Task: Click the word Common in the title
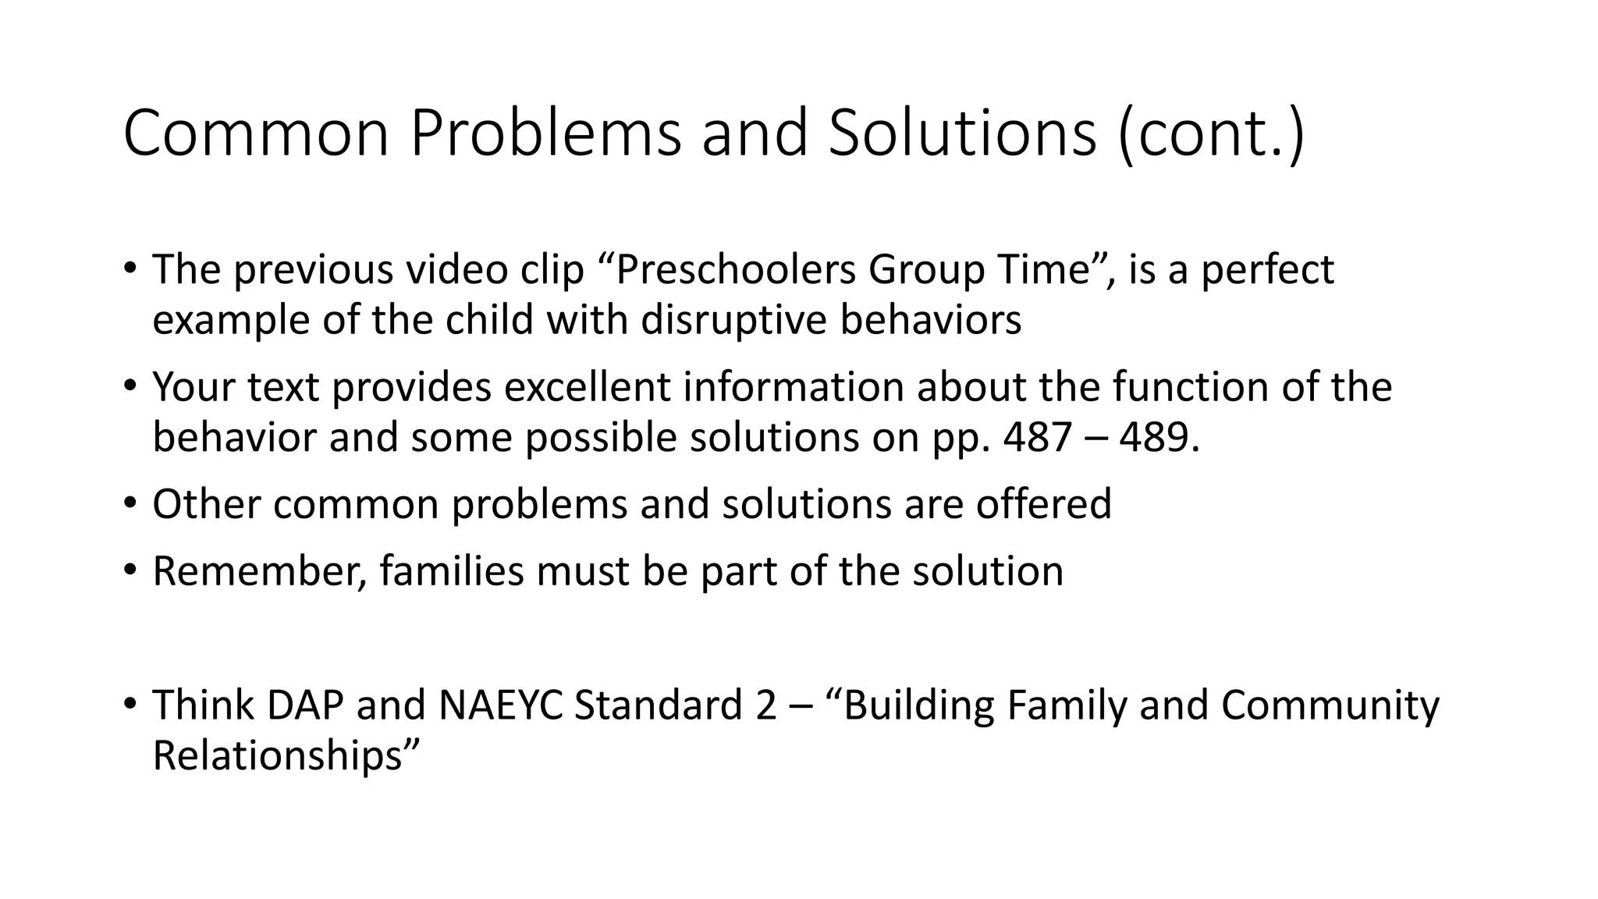point(256,134)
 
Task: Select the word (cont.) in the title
point(1210,134)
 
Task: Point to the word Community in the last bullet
point(1330,705)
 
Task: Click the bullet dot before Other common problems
point(129,503)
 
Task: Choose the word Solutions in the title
point(962,134)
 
